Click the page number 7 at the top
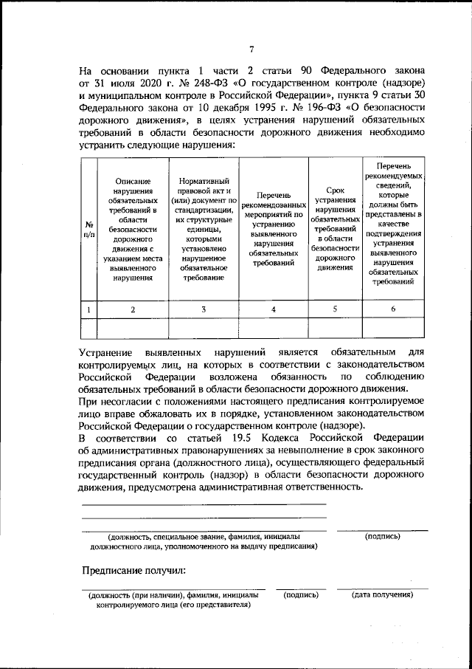click(x=251, y=49)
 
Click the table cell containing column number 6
click(x=393, y=309)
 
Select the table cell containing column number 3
click(x=204, y=309)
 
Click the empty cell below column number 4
click(x=274, y=327)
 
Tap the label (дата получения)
click(x=382, y=594)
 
